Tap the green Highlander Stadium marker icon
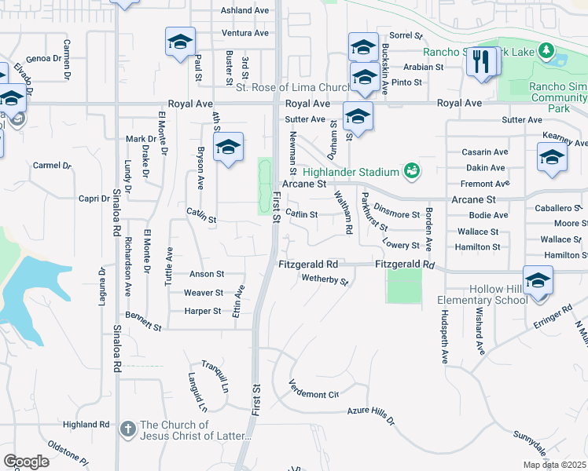click(410, 170)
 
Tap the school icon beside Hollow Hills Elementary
click(538, 281)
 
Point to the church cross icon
click(128, 429)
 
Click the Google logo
click(26, 462)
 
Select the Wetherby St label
click(325, 279)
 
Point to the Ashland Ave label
click(245, 10)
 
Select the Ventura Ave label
click(245, 33)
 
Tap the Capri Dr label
click(94, 199)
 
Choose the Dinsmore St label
click(397, 214)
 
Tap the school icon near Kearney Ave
click(552, 157)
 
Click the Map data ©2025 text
click(553, 465)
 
